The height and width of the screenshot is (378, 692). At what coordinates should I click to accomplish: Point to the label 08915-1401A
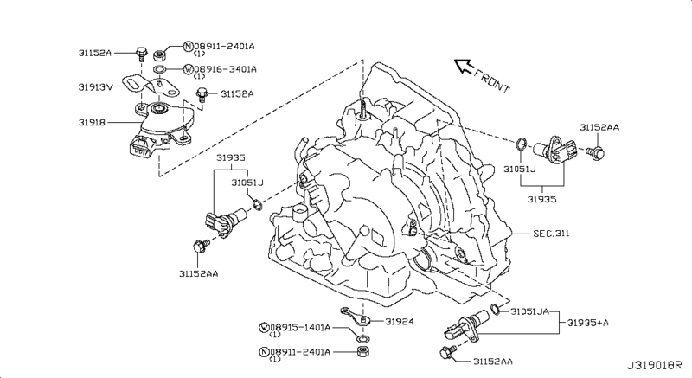(x=299, y=326)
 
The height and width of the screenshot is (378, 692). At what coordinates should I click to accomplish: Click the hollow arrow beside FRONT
(x=463, y=65)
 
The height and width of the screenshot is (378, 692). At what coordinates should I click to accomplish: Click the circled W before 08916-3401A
(x=187, y=69)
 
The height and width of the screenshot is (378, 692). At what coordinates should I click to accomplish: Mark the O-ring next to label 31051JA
(x=494, y=308)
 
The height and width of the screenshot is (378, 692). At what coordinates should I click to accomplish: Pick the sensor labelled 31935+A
(x=466, y=327)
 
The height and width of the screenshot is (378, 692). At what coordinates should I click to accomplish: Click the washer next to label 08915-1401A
(x=362, y=335)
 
